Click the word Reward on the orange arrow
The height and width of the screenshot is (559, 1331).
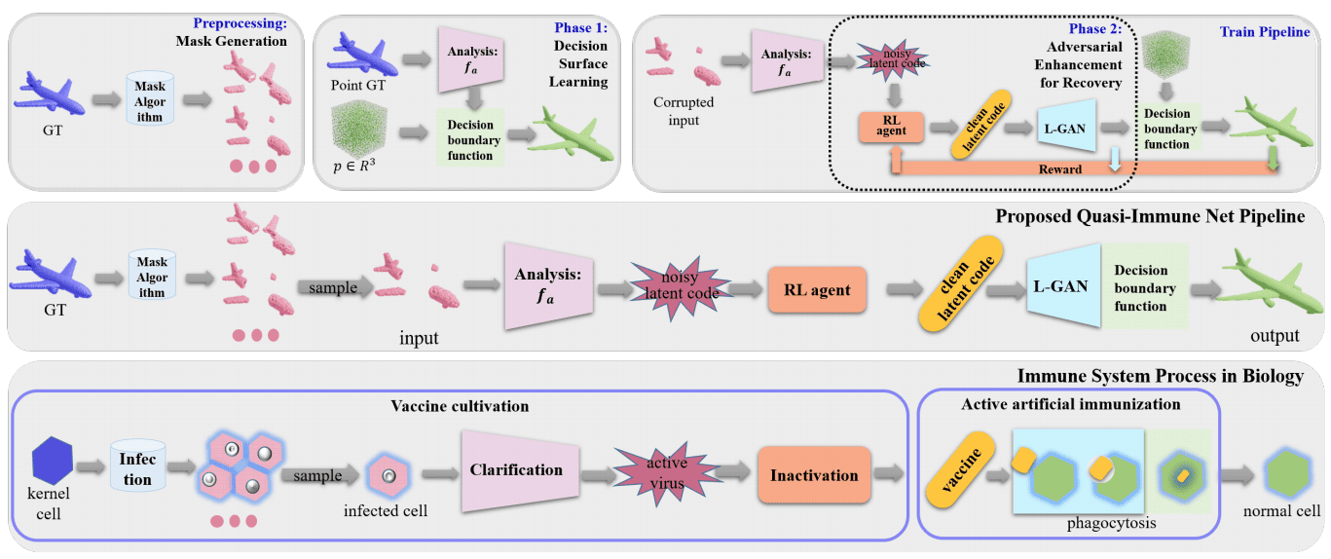pos(1059,168)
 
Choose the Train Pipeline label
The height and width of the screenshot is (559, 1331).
pos(1264,32)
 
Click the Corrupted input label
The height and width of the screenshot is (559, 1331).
pos(682,111)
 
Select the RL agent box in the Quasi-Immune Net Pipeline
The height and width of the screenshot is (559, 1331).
pos(817,289)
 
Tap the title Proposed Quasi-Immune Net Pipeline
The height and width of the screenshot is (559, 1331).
pos(1150,216)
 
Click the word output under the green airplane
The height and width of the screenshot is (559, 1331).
pos(1275,336)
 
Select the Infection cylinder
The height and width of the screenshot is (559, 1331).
pos(136,466)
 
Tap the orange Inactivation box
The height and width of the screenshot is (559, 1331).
pos(814,475)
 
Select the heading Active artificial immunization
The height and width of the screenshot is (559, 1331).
pos(1070,404)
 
